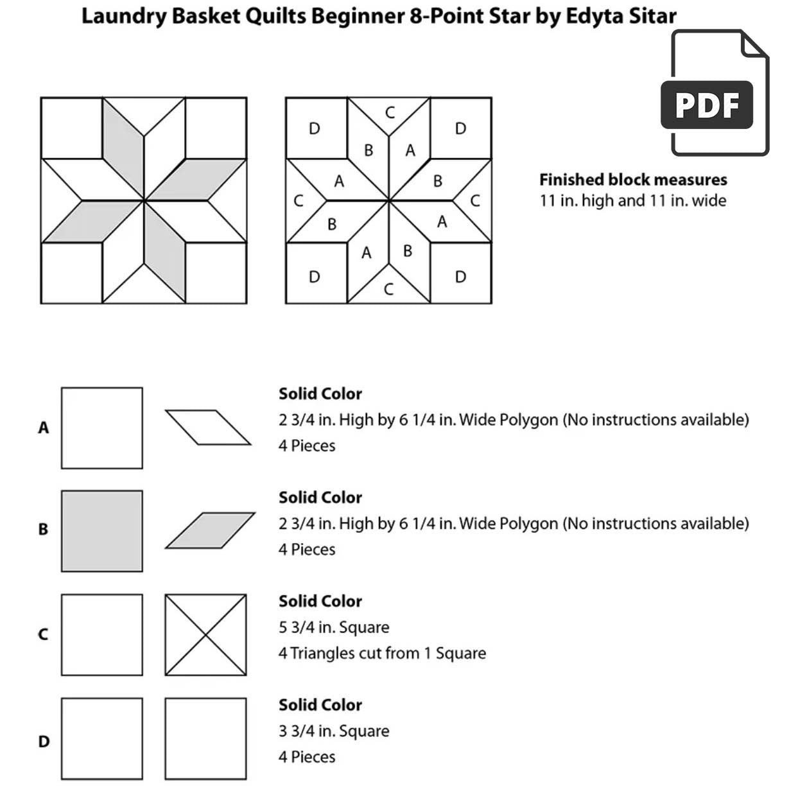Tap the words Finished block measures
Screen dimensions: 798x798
pos(632,180)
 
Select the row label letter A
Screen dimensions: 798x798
pos(43,428)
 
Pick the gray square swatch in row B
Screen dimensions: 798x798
pos(101,531)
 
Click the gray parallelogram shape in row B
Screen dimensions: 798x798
pos(210,530)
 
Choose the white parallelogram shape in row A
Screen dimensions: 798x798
pos(207,427)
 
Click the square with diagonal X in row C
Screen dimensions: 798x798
pos(205,634)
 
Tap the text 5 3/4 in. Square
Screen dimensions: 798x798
pos(333,627)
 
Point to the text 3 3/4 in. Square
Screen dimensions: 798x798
pos(333,731)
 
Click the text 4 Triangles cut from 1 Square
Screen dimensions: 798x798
pos(381,654)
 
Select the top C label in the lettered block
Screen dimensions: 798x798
pos(389,113)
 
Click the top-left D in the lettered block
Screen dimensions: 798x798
pos(314,129)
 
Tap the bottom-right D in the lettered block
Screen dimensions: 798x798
pos(460,277)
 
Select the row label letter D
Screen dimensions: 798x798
pos(43,742)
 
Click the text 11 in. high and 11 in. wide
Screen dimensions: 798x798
pos(632,201)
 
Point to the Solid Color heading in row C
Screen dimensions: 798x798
pos(320,602)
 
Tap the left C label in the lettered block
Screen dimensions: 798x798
pos(298,201)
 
